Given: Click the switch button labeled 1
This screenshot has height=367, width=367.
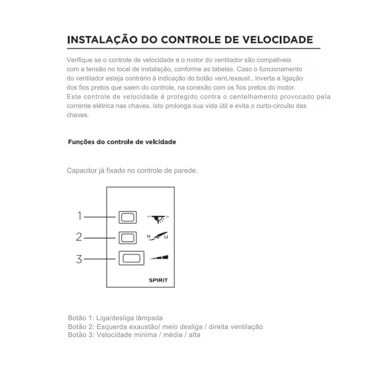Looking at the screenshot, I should coord(128,217).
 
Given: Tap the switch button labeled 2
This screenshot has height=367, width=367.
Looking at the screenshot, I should coord(128,237).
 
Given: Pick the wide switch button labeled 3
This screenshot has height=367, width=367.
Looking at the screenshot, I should coord(131,258).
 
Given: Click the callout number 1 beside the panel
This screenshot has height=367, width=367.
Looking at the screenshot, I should coord(80,216).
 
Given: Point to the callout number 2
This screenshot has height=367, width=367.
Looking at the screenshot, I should coord(79,237).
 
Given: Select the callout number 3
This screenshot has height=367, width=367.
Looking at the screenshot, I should coord(79,258).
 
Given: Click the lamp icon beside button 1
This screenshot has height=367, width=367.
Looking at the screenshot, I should coord(158,218).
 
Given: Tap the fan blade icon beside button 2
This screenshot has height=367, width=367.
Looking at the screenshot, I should coord(158,236).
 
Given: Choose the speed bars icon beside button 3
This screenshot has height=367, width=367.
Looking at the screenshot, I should coord(159,257).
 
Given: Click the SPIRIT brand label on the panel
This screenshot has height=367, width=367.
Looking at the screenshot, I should coord(158,280).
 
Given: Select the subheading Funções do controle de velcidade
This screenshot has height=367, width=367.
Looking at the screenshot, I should coord(122,142).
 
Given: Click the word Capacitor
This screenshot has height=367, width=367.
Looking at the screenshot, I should coord(81,171).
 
